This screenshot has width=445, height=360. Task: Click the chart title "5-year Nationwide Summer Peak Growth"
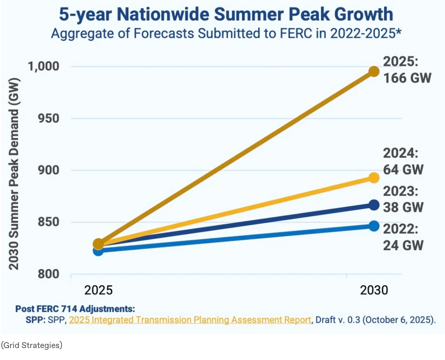pos(226,15)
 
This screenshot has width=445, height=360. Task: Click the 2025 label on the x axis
pos(98,291)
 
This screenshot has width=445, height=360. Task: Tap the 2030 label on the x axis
pos(374,291)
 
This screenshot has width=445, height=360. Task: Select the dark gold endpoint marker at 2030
pos(374,71)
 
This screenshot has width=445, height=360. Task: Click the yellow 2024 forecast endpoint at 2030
pos(374,178)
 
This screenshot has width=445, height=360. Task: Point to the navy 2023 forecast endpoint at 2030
pos(374,205)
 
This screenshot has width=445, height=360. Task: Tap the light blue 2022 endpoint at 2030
pos(374,226)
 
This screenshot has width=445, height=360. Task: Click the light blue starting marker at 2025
pos(98,251)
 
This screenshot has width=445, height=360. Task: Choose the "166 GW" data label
pos(407,78)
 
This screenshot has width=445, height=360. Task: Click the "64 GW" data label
pos(403,170)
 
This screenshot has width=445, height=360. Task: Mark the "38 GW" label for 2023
pos(403,207)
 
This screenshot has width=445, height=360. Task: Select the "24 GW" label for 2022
pos(403,245)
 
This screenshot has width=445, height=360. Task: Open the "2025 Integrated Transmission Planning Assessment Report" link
pos(190,320)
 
